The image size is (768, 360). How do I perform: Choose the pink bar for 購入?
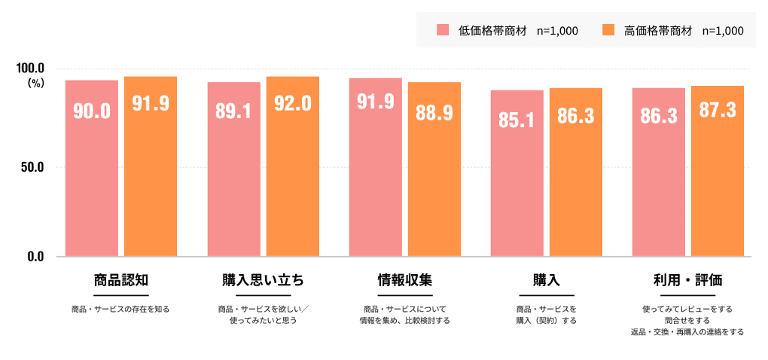pyautogui.click(x=517, y=181)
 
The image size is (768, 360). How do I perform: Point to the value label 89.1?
pyautogui.click(x=233, y=111)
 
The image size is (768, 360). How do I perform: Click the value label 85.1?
pyautogui.click(x=517, y=119)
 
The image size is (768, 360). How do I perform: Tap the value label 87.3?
pyautogui.click(x=718, y=110)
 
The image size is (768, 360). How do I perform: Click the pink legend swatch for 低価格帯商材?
pyautogui.click(x=443, y=30)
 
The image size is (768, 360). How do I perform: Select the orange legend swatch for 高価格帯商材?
pyautogui.click(x=609, y=30)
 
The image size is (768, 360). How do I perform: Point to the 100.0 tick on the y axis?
pyautogui.click(x=31, y=69)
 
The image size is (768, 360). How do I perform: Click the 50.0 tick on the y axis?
pyautogui.click(x=33, y=166)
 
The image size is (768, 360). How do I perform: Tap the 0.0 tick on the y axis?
pyautogui.click(x=36, y=257)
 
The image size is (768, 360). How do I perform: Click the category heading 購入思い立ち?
pyautogui.click(x=264, y=281)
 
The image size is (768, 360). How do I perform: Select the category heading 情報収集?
pyautogui.click(x=405, y=281)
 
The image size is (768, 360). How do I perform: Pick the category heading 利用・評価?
pyautogui.click(x=688, y=281)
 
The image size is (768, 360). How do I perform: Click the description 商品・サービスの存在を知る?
pyautogui.click(x=120, y=309)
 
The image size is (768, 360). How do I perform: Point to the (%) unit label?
pyautogui.click(x=35, y=84)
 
